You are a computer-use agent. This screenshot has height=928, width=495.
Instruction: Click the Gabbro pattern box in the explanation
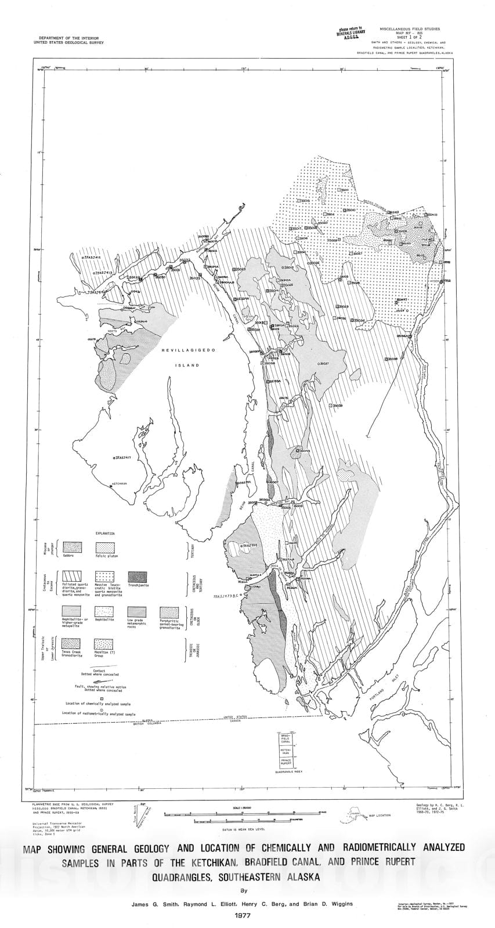coord(72,548)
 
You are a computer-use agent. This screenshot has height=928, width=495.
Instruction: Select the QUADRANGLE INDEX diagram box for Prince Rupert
coord(285,760)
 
